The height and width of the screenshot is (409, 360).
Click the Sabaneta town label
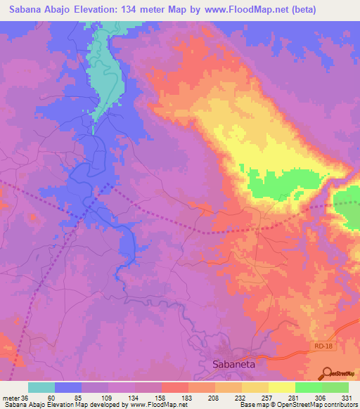click(235, 364)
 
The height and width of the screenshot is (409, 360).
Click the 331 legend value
click(347, 397)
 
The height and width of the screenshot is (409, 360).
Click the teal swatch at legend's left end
click(41, 387)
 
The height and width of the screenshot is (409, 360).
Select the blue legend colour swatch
click(68, 387)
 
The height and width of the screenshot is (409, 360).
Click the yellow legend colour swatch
click(281, 387)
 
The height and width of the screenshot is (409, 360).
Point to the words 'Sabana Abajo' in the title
click(41, 10)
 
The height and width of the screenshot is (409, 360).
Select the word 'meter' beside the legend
click(11, 397)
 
